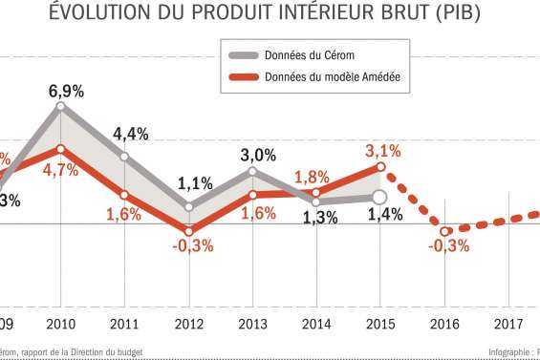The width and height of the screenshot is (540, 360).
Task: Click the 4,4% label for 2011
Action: tap(130, 134)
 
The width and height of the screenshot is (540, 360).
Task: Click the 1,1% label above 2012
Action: tap(194, 183)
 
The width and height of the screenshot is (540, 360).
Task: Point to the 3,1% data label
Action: tap(381, 150)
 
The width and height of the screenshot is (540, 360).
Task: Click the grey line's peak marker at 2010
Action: tap(61, 107)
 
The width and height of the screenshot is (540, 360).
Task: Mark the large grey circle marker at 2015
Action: tap(379, 197)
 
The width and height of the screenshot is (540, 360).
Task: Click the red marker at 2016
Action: tap(444, 231)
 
